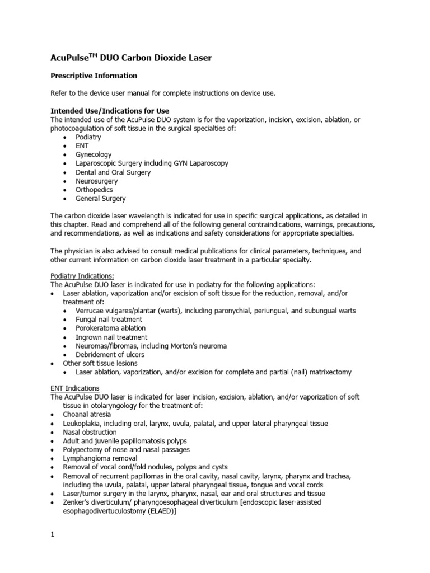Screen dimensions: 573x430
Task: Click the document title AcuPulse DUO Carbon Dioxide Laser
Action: tap(132, 58)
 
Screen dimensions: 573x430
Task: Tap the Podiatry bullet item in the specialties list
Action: tap(89, 137)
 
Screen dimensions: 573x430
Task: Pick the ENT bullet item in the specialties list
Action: tap(82, 146)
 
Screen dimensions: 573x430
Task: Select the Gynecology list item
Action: tap(94, 154)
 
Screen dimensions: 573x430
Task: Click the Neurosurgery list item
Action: tap(96, 181)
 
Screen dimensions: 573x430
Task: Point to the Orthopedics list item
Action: tap(94, 190)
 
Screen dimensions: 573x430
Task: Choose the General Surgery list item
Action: tap(101, 199)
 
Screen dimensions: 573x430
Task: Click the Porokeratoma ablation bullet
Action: tap(110, 328)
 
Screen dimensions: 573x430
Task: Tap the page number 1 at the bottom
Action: tap(52, 534)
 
